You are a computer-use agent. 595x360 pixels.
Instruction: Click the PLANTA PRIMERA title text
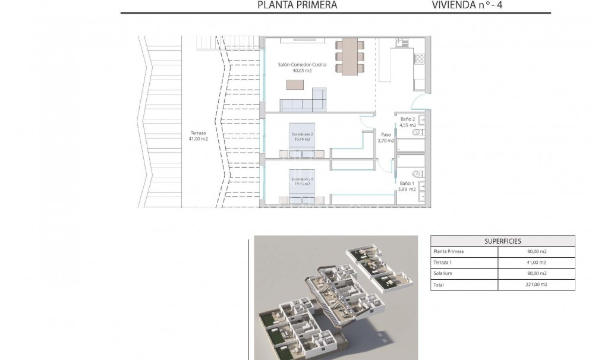pos(297,5)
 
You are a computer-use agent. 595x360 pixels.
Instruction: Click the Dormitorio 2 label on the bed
pos(301,137)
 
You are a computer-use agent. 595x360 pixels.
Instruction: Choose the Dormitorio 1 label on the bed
pos(301,182)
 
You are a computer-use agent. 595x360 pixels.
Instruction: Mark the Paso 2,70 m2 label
pos(386,138)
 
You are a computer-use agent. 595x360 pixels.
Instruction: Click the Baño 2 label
pos(407,122)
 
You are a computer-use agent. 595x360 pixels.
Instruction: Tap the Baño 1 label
pos(407,187)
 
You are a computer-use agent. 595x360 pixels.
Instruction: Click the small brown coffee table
pos(294,85)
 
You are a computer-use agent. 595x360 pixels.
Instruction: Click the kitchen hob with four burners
pos(418,59)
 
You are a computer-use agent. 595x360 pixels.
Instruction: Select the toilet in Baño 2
pos(420,132)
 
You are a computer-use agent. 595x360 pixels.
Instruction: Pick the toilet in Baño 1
pos(420,174)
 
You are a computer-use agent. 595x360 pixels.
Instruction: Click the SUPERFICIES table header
pos(502,241)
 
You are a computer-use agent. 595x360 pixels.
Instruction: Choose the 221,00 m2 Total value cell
pos(537,285)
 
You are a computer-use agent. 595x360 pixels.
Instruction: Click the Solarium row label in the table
pos(443,273)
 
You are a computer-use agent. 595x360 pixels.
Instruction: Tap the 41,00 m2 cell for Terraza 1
pos(537,263)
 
